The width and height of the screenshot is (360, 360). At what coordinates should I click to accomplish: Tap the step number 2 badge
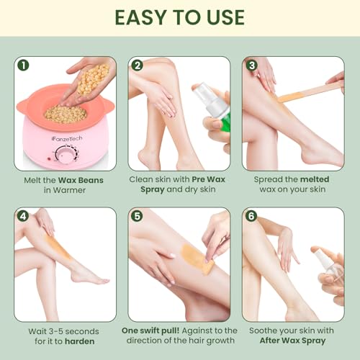(138, 66)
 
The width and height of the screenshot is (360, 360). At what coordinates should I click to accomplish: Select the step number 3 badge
(251, 66)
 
